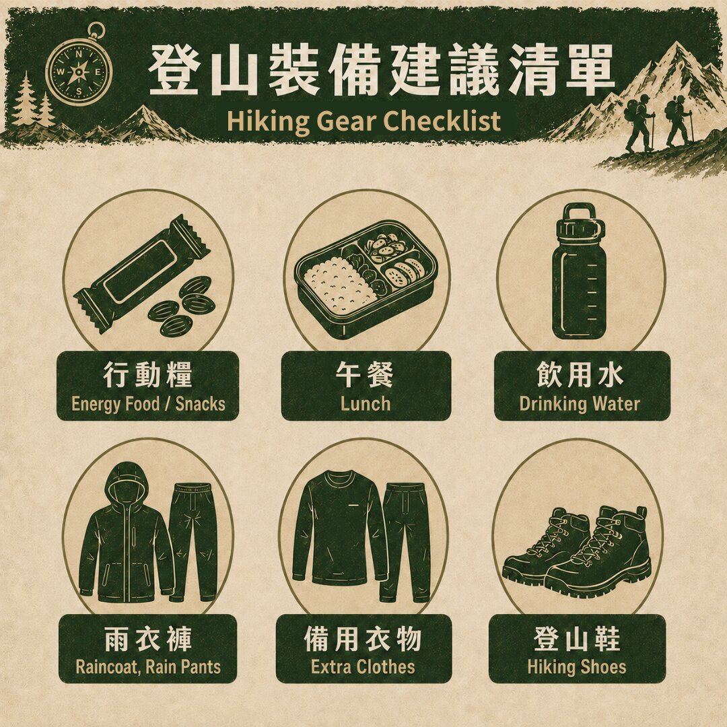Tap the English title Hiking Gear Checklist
(x=363, y=121)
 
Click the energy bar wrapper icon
(x=142, y=273)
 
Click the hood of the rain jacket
(x=126, y=482)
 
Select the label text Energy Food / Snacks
(x=148, y=404)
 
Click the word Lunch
(x=366, y=404)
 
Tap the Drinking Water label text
(x=580, y=404)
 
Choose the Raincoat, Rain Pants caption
(x=148, y=666)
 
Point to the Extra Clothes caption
(x=363, y=666)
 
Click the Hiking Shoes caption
(x=577, y=666)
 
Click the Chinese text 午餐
(x=365, y=374)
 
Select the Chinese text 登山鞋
(x=577, y=638)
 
